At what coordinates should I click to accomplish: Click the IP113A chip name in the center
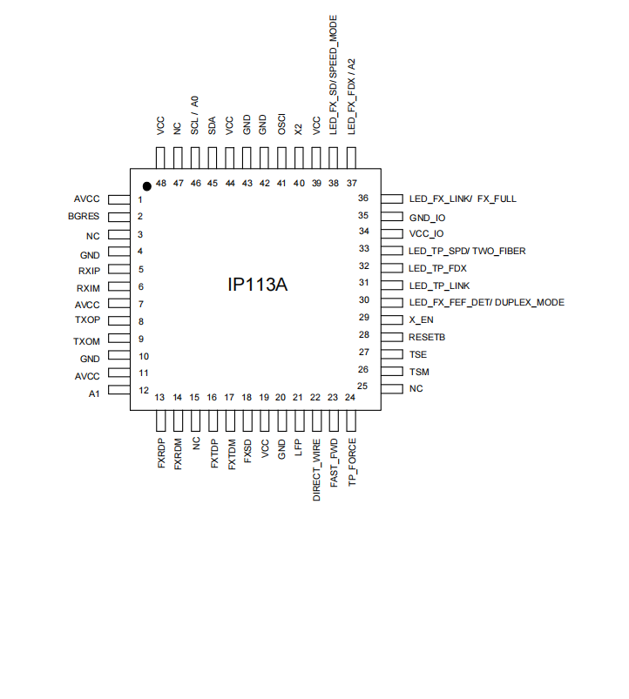257,285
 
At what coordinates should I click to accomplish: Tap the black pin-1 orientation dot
147,185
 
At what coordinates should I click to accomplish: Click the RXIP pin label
89,270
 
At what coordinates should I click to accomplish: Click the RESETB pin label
427,336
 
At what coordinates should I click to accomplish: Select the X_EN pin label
422,319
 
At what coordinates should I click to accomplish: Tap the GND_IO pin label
427,217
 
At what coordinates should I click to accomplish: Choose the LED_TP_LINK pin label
439,286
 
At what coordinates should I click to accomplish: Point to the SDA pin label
212,125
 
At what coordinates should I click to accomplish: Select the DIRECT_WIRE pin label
317,470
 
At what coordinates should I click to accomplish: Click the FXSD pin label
247,453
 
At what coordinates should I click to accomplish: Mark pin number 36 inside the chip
363,198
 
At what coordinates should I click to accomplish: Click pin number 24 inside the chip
350,398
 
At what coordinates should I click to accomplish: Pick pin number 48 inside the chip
161,184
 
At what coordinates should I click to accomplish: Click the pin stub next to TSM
391,371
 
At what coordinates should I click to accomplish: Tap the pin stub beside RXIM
118,287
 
